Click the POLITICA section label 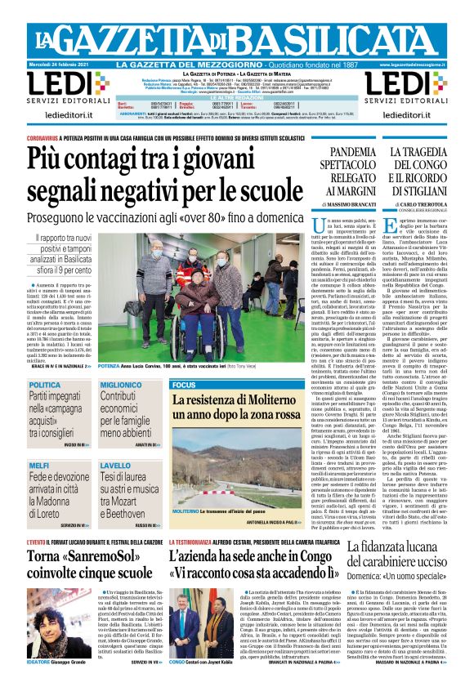45,384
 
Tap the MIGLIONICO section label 122,384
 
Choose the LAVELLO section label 116,465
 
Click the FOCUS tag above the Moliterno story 184,384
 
